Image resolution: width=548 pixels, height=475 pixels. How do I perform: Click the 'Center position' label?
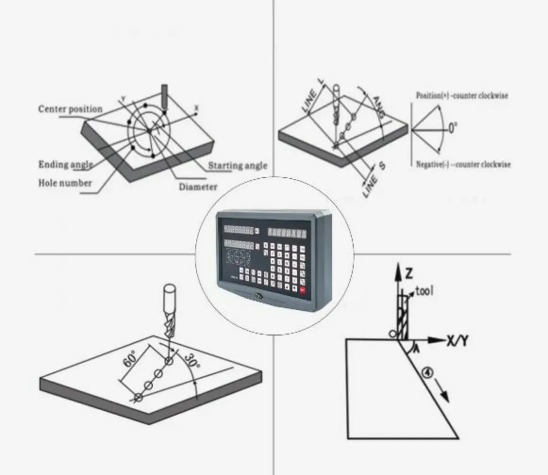coord(70,109)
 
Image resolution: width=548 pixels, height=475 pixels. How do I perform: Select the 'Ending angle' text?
coord(65,165)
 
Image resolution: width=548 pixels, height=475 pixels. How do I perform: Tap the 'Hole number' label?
coord(65,183)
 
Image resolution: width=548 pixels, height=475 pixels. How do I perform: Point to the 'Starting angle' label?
coord(237,166)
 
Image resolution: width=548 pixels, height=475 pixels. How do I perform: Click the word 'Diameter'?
coord(198,187)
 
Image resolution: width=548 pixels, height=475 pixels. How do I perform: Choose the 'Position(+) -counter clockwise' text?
coord(462,96)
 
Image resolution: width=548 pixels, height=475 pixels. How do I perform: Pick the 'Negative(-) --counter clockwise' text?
coord(463,164)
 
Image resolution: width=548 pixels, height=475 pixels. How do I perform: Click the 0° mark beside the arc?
coord(452,129)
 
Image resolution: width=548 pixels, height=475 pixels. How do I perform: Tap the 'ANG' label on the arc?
coord(379,107)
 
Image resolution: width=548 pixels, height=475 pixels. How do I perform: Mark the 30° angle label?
coord(192,363)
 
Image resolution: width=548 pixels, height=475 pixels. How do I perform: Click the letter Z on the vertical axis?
coord(409,273)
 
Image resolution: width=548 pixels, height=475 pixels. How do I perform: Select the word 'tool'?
coord(424,291)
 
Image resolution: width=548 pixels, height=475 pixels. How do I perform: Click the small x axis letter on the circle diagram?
coord(197,108)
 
